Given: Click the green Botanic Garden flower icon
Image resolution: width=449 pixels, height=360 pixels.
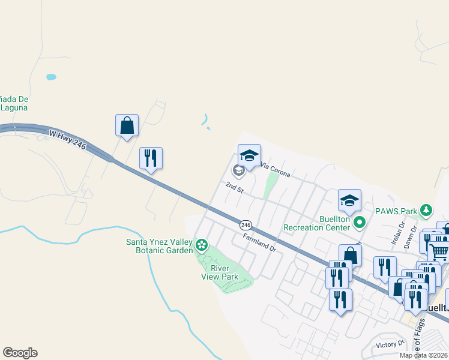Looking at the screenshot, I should coord(202,244).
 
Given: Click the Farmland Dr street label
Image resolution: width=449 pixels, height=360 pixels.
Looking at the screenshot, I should coord(259,242).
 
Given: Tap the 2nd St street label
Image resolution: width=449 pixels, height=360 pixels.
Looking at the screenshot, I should coord(234,188).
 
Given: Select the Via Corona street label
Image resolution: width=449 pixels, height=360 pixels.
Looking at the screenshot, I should coord(276,170).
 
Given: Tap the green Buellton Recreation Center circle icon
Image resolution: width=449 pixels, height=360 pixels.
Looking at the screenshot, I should coord(360,223).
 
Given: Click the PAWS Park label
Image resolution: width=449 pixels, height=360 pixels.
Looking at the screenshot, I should coord(396,211).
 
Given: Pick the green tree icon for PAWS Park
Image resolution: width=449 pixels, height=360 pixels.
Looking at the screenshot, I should coord(426,210).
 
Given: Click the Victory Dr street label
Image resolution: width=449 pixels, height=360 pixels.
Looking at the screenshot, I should coord(390,344).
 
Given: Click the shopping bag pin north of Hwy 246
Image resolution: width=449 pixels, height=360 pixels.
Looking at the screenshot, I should coord(127,125).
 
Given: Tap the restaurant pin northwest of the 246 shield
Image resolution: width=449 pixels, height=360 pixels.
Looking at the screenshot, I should coord(151,158).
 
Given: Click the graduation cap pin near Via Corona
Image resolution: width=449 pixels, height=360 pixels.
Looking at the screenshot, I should coord(249,156).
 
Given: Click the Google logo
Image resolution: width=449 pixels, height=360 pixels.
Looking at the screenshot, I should coord(20,353).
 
